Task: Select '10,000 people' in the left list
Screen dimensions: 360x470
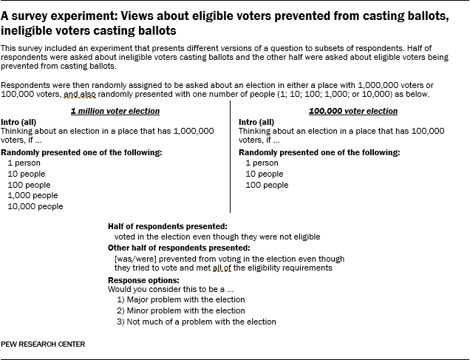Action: (x=35, y=206)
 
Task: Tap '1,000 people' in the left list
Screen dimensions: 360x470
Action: (x=33, y=195)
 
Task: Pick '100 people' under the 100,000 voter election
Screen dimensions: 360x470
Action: (x=267, y=185)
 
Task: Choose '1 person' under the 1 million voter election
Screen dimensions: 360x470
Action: (x=24, y=163)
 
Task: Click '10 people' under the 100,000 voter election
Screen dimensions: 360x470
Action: (x=264, y=174)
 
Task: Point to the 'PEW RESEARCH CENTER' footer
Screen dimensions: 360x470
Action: (x=42, y=344)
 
